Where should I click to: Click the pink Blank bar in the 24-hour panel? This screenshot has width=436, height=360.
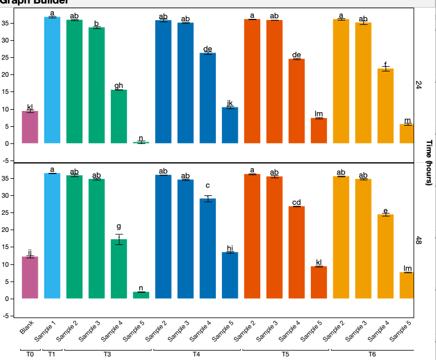pos(30,127)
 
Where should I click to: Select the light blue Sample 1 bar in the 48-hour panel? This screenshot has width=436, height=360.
pos(53,236)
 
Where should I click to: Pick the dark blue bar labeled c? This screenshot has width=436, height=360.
pos(208,248)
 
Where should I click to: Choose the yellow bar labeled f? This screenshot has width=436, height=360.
pos(385,106)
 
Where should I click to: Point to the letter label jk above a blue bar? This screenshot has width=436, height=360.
pos(230,103)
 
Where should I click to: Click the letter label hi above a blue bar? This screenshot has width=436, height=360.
pos(230,248)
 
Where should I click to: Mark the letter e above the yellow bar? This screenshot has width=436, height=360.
pos(385,211)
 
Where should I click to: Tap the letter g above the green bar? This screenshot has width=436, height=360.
pos(119,227)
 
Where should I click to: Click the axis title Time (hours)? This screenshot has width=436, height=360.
pos(429,162)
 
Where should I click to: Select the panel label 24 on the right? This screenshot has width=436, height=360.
pos(418,86)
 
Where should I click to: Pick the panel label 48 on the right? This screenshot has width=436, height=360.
pos(418,240)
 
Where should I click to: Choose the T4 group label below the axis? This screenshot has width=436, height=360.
pos(196,354)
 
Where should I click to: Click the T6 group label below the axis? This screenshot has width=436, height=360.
pos(372,354)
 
